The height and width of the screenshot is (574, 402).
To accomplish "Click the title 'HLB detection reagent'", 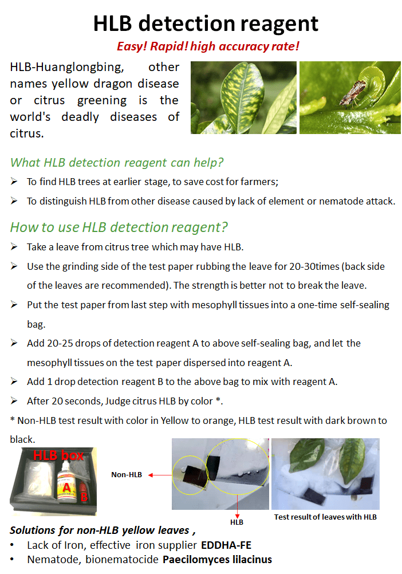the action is point(206,24).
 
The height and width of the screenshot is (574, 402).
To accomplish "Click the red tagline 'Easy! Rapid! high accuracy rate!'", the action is point(208,46).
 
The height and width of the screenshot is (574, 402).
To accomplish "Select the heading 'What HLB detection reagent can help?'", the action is point(117,163).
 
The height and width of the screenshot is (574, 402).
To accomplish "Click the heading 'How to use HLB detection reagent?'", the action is point(119,227).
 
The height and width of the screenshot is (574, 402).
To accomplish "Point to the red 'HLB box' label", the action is point(58,455).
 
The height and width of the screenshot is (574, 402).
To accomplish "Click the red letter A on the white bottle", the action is point(66,487).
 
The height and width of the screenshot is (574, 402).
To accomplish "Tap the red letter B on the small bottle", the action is point(84,497).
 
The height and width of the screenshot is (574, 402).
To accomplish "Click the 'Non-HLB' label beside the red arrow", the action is point(127,475).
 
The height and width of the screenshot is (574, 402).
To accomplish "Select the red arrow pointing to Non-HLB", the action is point(160,475).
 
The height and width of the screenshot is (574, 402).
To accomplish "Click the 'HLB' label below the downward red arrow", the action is point(237,522).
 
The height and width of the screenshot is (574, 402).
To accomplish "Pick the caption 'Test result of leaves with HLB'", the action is point(325,517).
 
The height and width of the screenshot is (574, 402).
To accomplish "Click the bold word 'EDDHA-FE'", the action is point(226,545).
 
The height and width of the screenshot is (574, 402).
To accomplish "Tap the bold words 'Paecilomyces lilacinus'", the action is point(217,560).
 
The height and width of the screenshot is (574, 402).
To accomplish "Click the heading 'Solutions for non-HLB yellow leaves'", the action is point(100,530).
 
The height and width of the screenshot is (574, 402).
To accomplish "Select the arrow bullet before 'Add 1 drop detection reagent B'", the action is point(14,381).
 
